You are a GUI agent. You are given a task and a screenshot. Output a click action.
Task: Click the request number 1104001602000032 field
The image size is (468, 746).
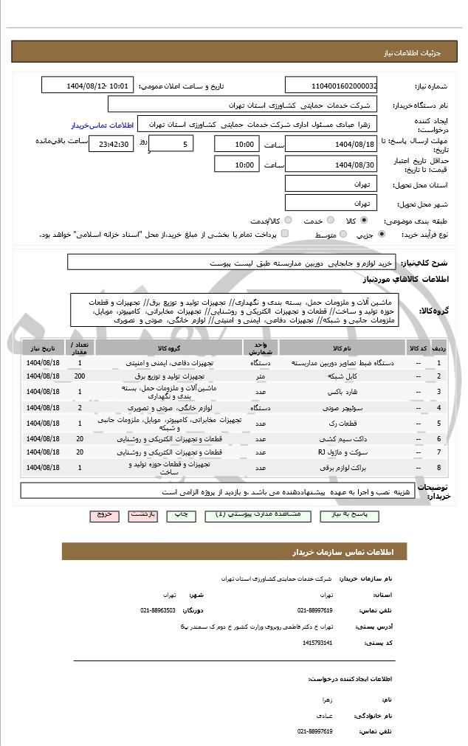[x=331, y=86]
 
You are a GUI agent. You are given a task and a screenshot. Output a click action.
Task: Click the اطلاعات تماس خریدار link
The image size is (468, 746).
[x=102, y=125]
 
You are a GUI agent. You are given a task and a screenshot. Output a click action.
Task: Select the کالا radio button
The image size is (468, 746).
[x=363, y=220]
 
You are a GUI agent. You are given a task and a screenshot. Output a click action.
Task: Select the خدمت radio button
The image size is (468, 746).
[x=329, y=220]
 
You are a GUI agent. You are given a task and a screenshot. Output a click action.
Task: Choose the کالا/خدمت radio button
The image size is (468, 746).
[x=288, y=220]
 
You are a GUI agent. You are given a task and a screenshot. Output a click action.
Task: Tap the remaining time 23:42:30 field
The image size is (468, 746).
[x=111, y=144]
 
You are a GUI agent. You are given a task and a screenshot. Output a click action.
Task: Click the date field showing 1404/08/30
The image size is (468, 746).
[x=331, y=164]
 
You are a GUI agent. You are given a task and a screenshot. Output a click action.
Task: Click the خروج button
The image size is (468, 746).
[x=103, y=514]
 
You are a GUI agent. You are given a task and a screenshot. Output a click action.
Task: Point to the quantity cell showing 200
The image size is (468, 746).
[x=80, y=376]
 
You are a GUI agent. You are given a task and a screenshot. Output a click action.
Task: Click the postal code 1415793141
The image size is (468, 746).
[x=317, y=643]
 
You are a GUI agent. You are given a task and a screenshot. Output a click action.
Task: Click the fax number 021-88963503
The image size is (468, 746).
[x=158, y=610]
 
